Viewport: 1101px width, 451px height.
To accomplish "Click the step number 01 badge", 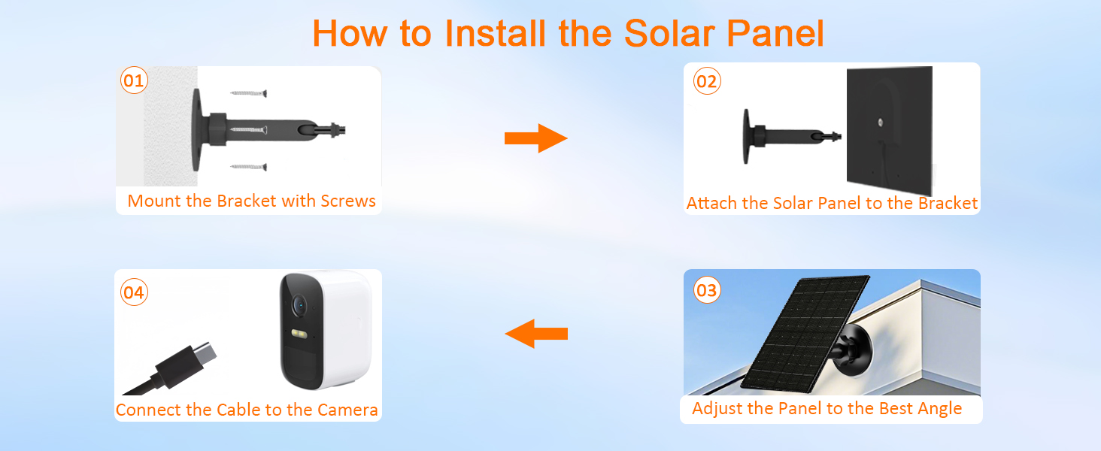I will coord(133,80).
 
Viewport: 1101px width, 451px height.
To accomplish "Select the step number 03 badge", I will coord(707,290).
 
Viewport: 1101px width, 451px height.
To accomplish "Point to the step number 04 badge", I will coord(133,292).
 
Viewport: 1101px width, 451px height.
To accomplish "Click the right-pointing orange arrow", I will coord(535,138).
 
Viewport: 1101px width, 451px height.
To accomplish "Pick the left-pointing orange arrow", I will coord(535,332).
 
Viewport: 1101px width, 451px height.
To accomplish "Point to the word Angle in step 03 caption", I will coord(939,409).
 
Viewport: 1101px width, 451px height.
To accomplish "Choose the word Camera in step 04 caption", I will coord(347,410).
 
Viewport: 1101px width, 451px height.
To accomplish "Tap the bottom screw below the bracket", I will coord(249,165).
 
